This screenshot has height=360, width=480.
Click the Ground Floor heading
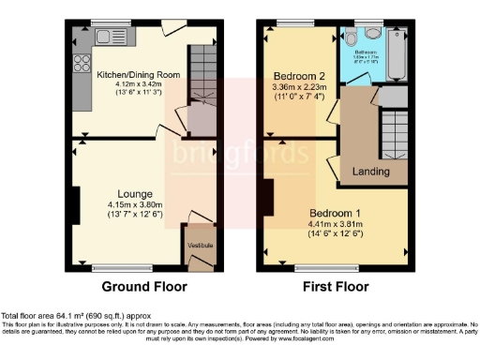click(143, 287)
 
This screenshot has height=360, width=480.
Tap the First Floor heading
click(335, 287)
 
